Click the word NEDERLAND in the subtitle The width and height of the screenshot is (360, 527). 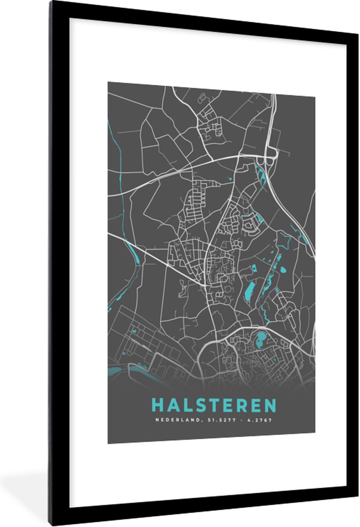click(x=171, y=420)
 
